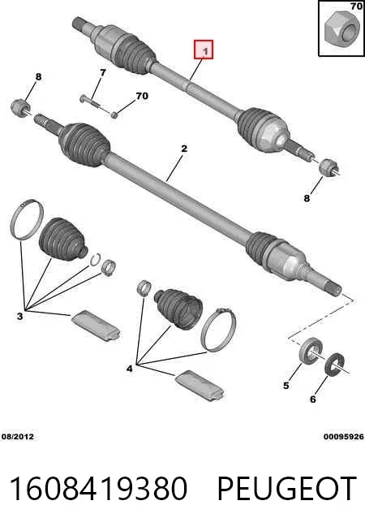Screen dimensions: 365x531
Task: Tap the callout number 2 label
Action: pyautogui.click(x=184, y=149)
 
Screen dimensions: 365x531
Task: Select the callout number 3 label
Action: pyautogui.click(x=20, y=317)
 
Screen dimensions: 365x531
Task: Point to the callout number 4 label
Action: pyautogui.click(x=130, y=368)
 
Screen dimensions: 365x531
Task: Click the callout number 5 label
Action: pyautogui.click(x=286, y=385)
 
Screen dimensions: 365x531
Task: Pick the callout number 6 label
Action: pyautogui.click(x=313, y=399)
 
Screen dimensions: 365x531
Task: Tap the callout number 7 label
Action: pyautogui.click(x=102, y=72)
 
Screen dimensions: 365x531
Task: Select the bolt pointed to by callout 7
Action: pyautogui.click(x=90, y=101)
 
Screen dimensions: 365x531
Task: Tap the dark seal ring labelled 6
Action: pyautogui.click(x=335, y=364)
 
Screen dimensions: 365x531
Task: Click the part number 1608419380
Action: pyautogui.click(x=98, y=488)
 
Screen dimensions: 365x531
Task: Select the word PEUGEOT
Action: pyautogui.click(x=286, y=488)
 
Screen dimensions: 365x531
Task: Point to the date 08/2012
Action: pyautogui.click(x=18, y=437)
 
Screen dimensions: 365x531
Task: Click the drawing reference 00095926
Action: pyautogui.click(x=344, y=437)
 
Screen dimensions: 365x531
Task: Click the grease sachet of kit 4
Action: pyautogui.click(x=200, y=385)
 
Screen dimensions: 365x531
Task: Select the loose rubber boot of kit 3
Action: pyautogui.click(x=63, y=239)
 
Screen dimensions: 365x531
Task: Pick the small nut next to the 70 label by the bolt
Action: pyautogui.click(x=114, y=114)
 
